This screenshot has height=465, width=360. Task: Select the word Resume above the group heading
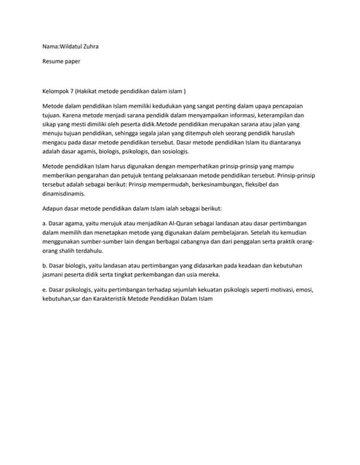pos(55,62)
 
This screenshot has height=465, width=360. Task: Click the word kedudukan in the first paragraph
pos(176,106)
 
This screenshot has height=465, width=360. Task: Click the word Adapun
pos(55,209)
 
